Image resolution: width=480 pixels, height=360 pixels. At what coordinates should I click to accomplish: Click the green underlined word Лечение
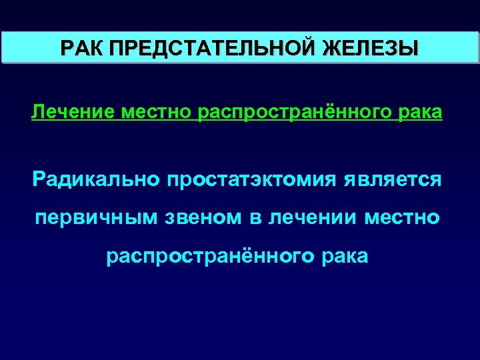[73, 113]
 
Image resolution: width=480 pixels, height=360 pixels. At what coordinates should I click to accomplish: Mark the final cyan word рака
[343, 256]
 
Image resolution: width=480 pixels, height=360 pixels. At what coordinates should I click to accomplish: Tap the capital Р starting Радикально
[39, 179]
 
